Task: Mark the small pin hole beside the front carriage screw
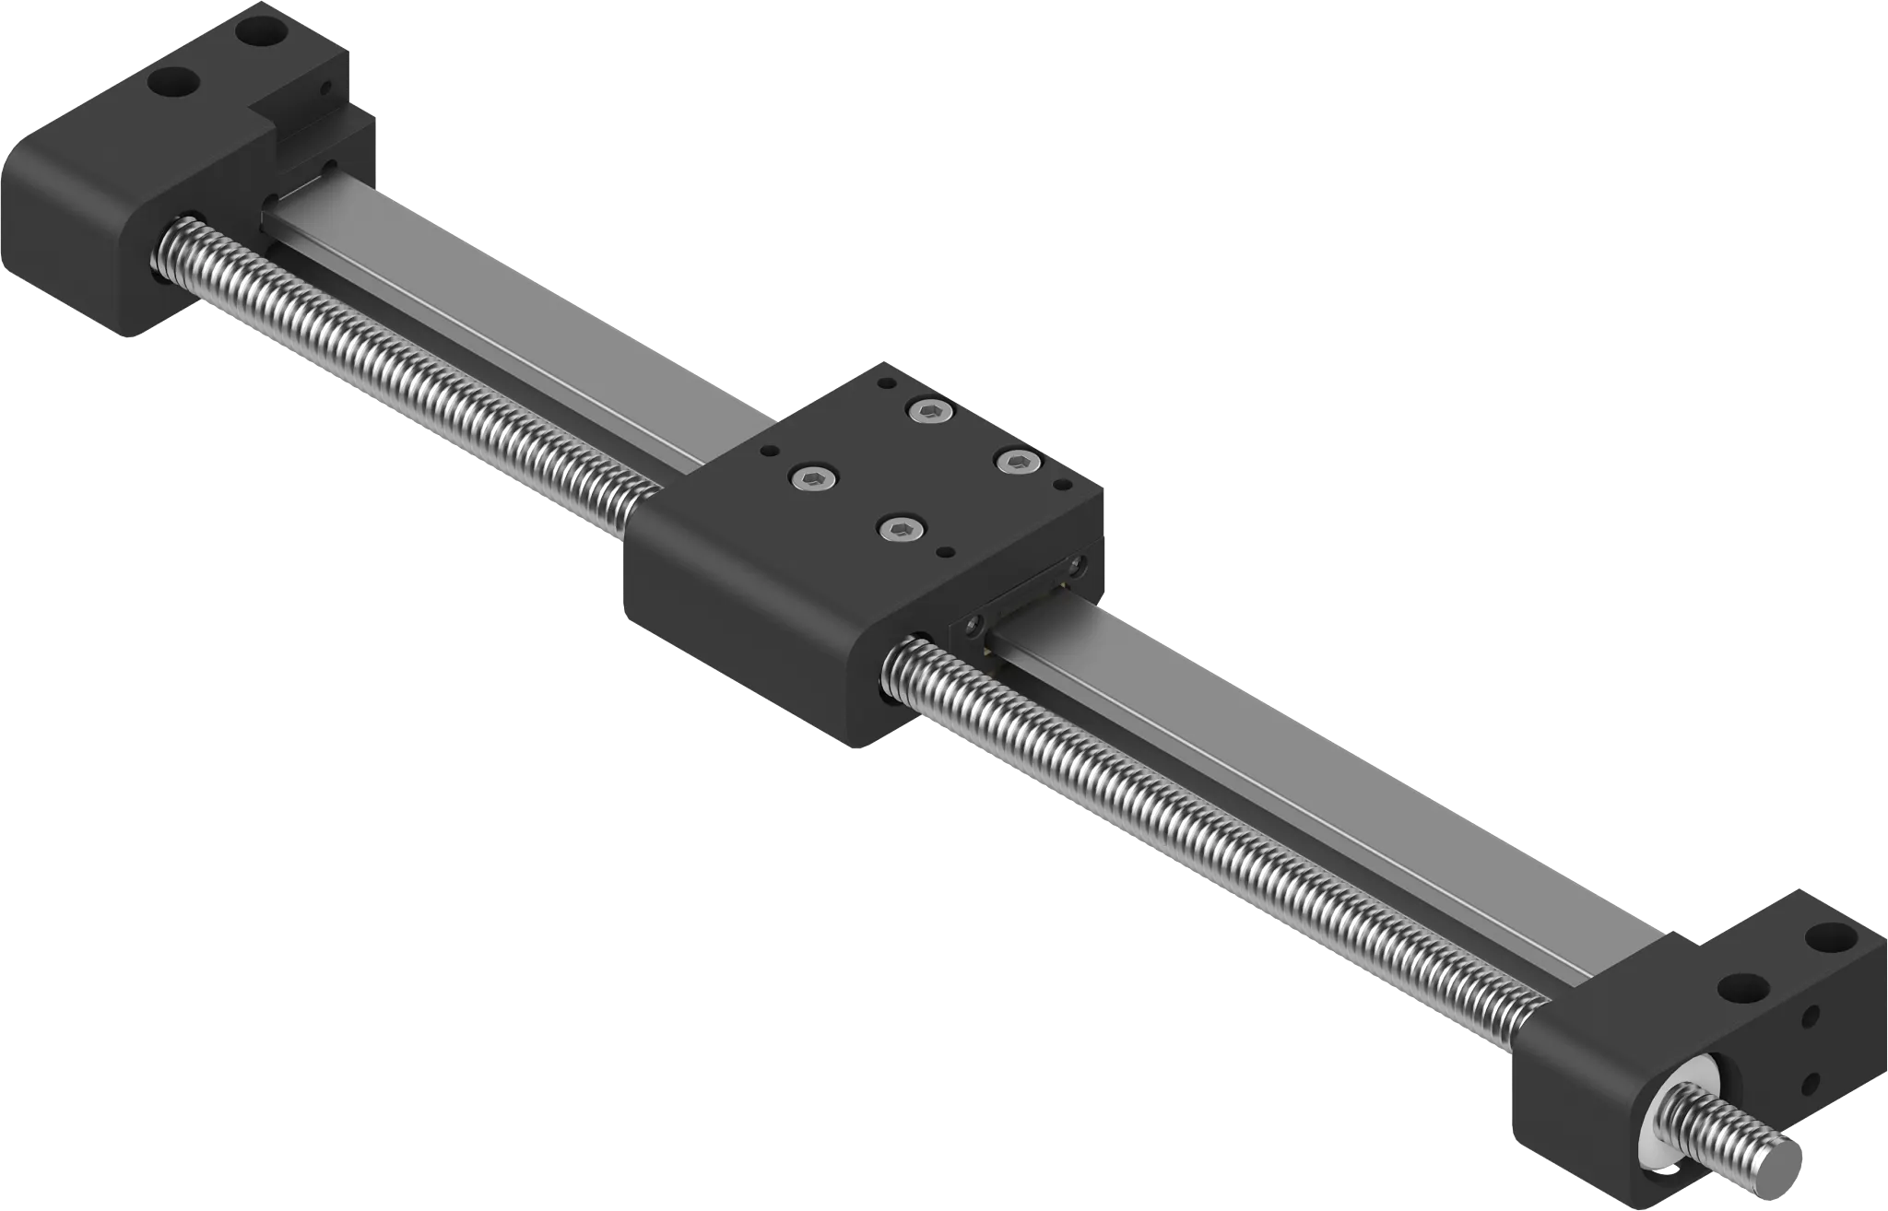tap(944, 553)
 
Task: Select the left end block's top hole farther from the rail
tap(172, 82)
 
